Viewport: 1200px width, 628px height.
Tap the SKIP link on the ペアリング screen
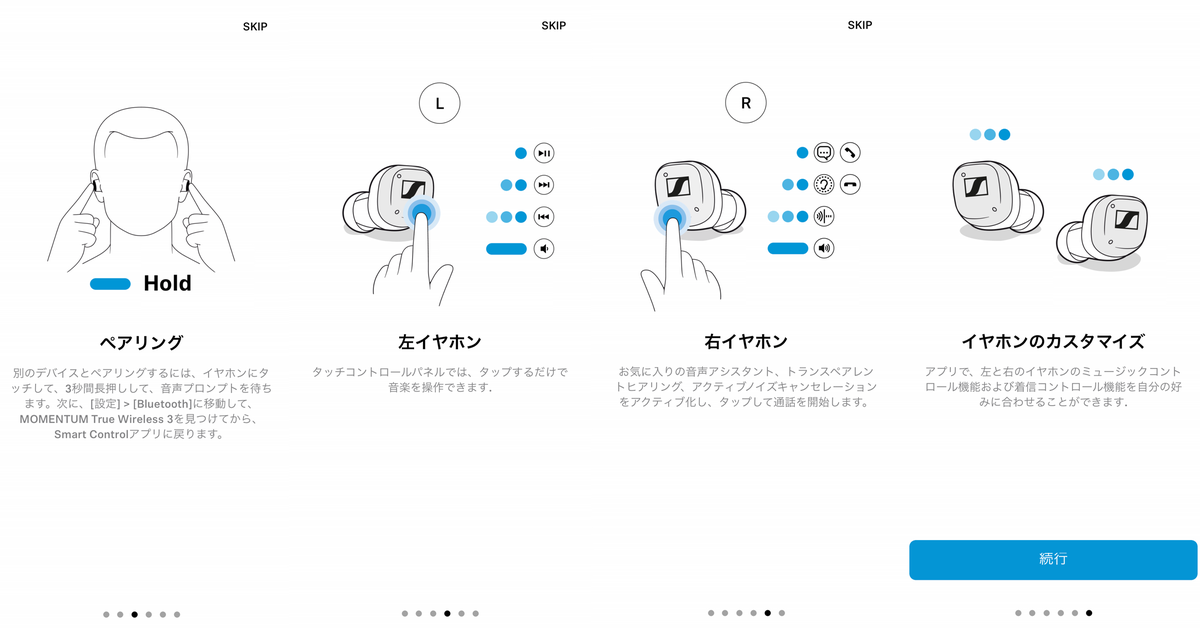click(x=255, y=26)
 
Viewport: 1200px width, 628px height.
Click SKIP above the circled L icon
click(x=553, y=26)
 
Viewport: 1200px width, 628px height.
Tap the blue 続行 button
click(x=1053, y=559)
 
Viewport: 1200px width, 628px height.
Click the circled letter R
click(x=746, y=102)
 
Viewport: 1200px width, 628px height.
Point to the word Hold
click(x=167, y=283)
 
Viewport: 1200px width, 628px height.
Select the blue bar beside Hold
click(x=110, y=284)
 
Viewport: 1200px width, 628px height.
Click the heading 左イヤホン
click(x=439, y=342)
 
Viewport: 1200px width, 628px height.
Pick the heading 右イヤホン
click(x=746, y=342)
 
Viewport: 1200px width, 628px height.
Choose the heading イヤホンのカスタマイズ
click(x=1052, y=342)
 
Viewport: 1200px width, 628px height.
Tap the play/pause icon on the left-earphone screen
click(x=544, y=153)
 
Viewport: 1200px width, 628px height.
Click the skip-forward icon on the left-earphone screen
click(x=544, y=185)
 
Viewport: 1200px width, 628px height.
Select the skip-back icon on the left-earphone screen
click(x=544, y=217)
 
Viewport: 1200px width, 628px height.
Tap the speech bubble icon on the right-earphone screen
click(x=824, y=153)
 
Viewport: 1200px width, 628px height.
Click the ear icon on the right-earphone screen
click(x=824, y=185)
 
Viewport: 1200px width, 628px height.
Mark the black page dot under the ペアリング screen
click(x=134, y=614)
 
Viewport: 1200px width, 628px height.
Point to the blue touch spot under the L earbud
click(x=422, y=212)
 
